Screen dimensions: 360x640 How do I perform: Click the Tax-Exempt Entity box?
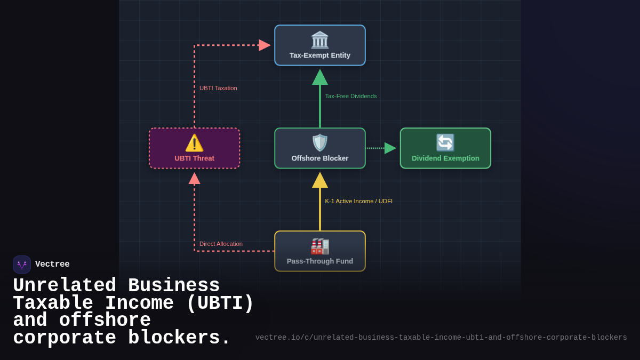(x=319, y=45)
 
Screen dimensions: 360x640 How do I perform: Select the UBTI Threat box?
(x=194, y=148)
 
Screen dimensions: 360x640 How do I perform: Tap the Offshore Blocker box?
(x=319, y=148)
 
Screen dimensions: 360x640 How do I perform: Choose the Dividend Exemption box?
(x=445, y=148)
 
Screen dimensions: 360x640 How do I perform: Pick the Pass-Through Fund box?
(x=319, y=251)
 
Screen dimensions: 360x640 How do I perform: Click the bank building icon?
(x=320, y=40)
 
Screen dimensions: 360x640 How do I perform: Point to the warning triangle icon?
(x=194, y=143)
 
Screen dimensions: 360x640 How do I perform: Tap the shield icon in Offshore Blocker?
(x=320, y=143)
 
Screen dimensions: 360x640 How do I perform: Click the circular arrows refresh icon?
(x=445, y=143)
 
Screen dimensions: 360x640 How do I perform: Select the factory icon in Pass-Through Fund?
(x=320, y=246)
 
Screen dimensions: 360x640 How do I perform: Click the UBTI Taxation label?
(x=218, y=88)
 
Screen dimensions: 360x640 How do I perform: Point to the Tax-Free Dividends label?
(x=351, y=96)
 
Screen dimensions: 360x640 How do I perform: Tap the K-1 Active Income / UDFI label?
(x=358, y=201)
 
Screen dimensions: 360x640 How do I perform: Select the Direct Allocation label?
(x=221, y=244)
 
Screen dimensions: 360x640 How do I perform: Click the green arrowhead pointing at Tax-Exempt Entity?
(x=320, y=78)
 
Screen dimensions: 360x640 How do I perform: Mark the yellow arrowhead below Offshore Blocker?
(x=320, y=181)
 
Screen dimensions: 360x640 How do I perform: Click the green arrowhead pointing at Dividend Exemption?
(x=390, y=148)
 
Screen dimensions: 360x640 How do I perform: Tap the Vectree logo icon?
(x=22, y=265)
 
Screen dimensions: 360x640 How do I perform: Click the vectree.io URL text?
(x=441, y=338)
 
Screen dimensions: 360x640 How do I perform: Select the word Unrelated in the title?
(x=65, y=286)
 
